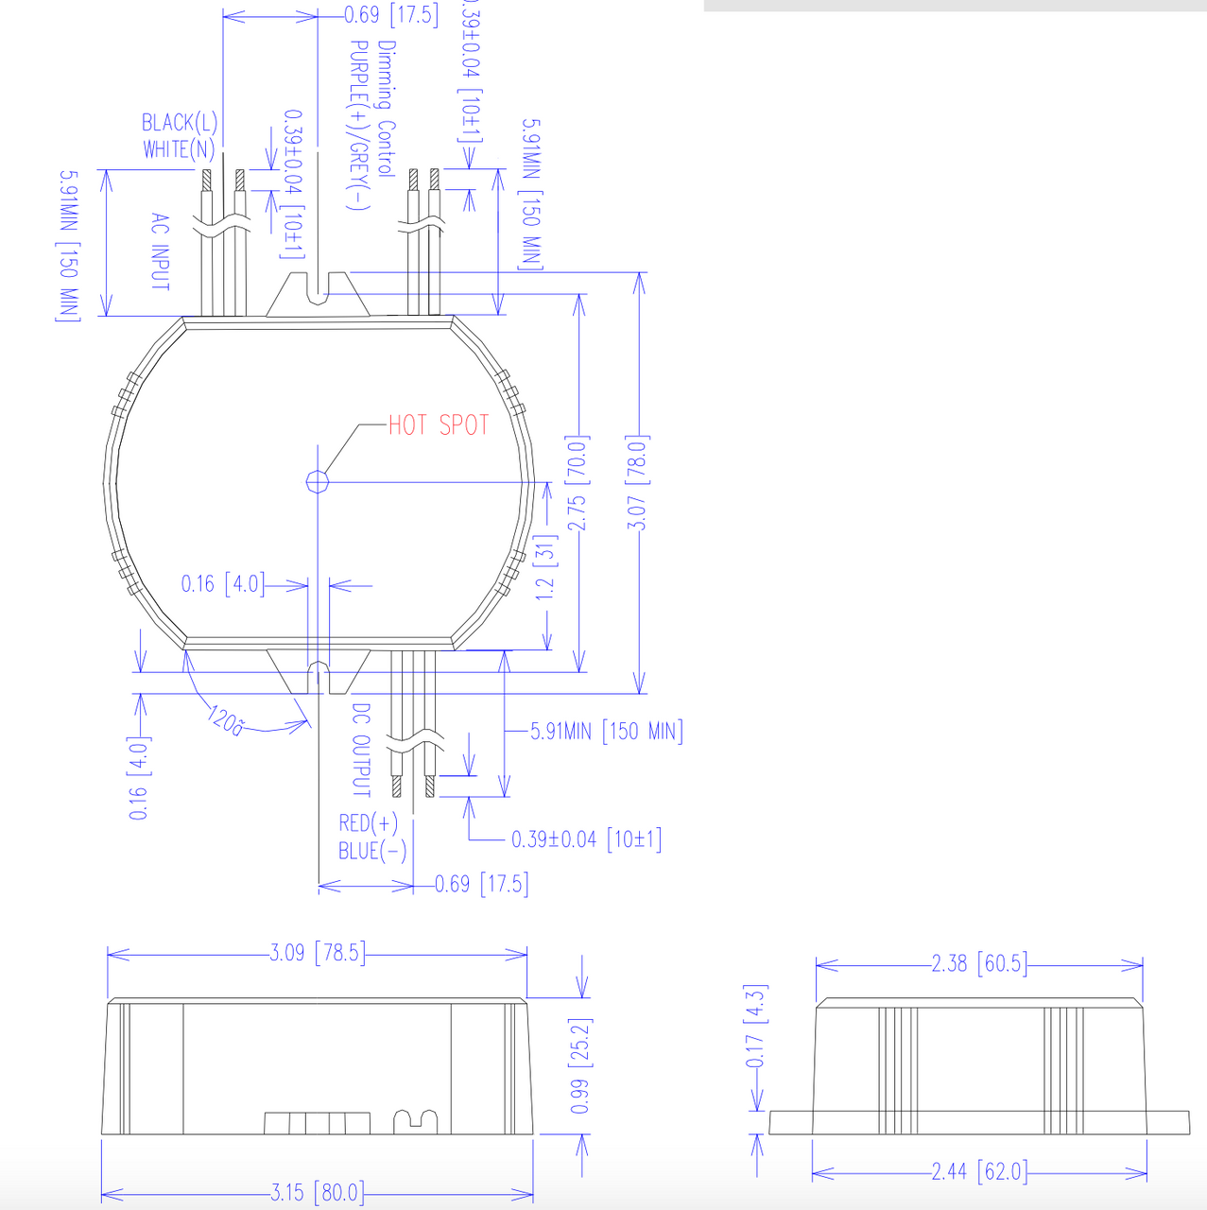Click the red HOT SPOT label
coord(439,425)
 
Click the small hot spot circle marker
coord(318,481)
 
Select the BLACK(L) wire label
coord(180,123)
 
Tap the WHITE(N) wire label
coord(179,149)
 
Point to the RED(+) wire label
coord(368,822)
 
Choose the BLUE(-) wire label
coord(372,851)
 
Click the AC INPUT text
coord(160,251)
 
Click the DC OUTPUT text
coord(361,750)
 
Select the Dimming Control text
coord(387,109)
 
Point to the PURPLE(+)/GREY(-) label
coord(358,126)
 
